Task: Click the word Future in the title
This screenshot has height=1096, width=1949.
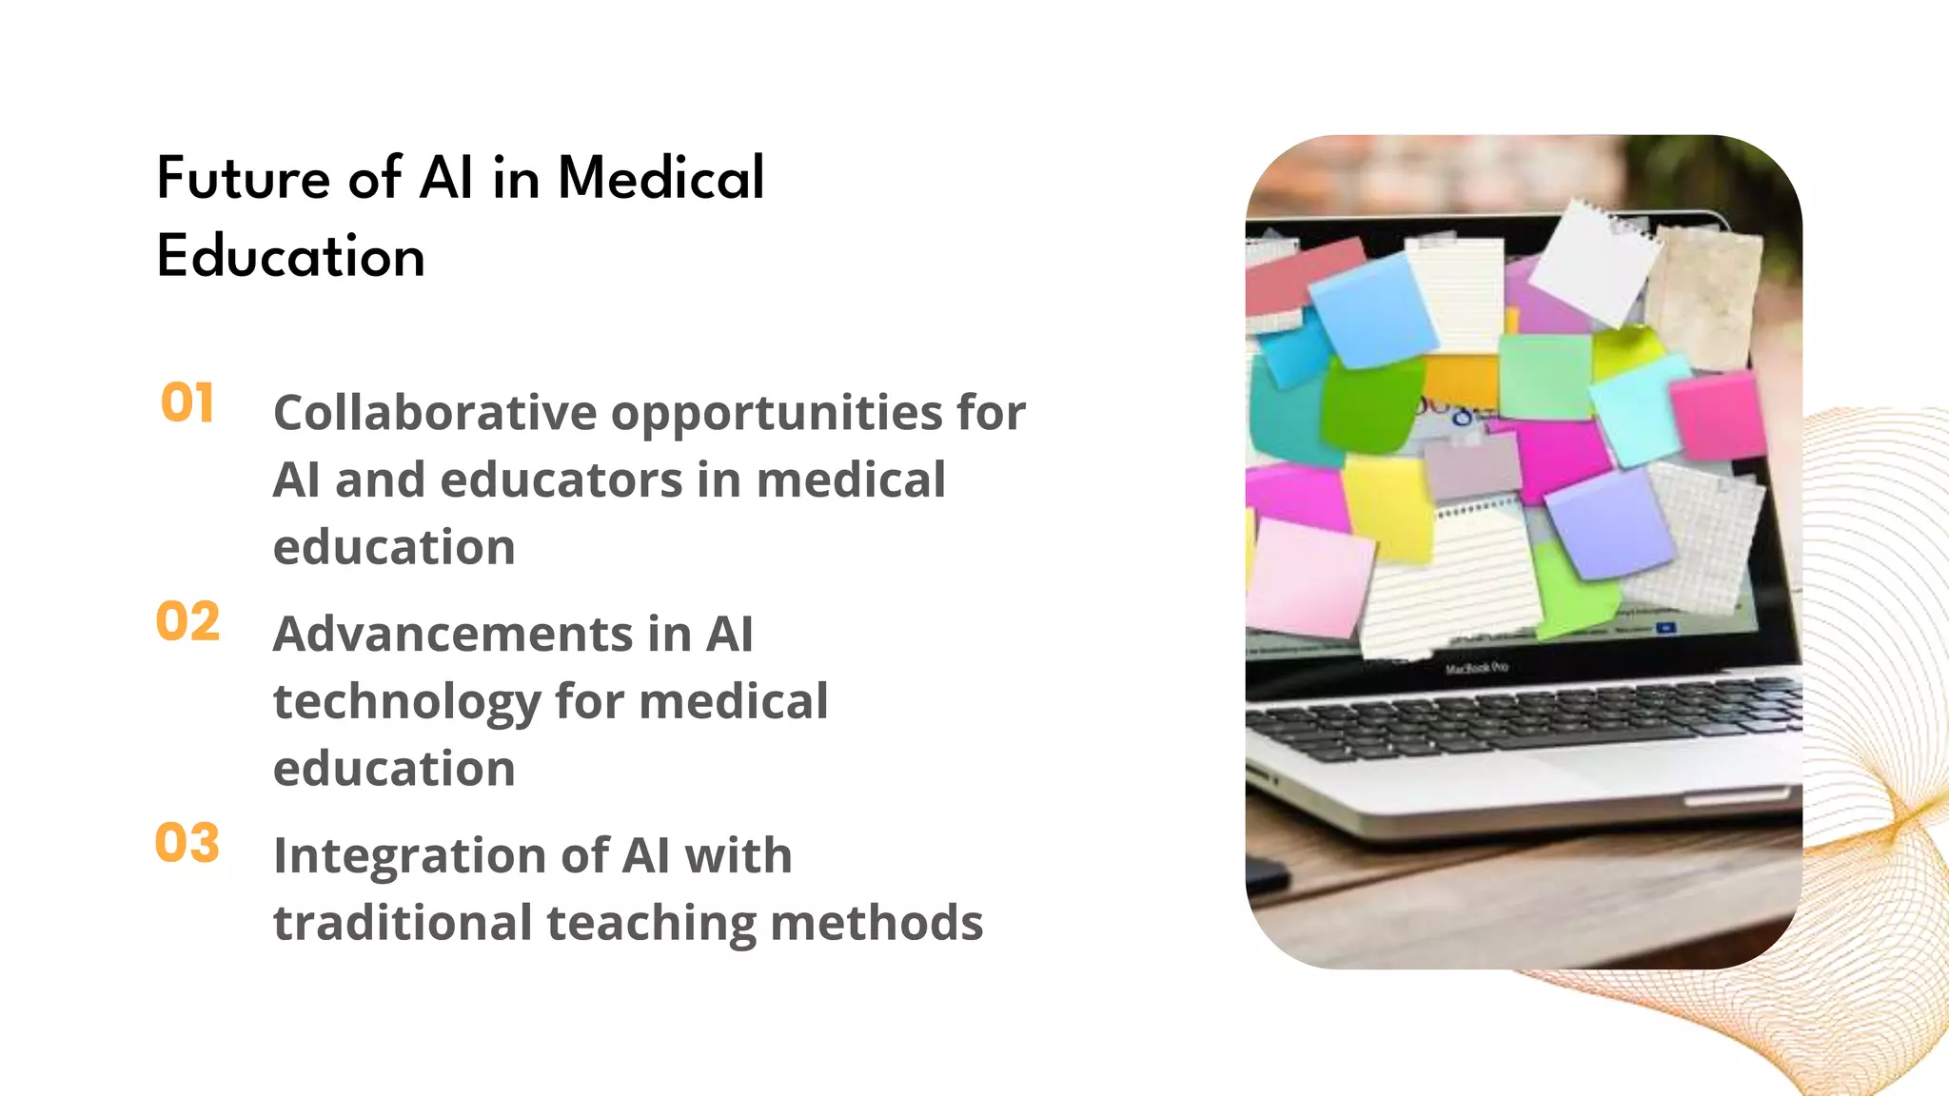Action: pos(244,178)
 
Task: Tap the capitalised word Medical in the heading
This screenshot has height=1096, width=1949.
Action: pos(660,178)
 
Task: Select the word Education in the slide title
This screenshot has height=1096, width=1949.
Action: pos(290,256)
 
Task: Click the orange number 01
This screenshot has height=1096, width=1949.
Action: pos(187,402)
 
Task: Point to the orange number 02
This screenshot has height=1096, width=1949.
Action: pos(187,622)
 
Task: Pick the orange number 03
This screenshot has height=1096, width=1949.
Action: pos(187,844)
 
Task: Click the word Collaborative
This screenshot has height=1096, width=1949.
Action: pos(435,413)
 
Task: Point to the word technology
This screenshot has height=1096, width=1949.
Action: pos(406,702)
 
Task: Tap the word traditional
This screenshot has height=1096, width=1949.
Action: pos(403,923)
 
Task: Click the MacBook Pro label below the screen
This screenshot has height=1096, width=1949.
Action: pos(1476,669)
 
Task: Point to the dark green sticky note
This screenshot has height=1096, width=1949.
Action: pos(1363,404)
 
